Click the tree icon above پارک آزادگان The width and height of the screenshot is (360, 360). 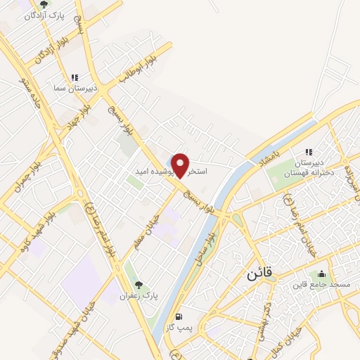43,4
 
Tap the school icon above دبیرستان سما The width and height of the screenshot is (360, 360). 75,78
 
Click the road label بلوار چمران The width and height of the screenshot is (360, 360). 29,172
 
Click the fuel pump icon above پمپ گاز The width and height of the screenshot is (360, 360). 181,317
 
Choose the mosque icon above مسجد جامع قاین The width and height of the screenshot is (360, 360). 322,274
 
